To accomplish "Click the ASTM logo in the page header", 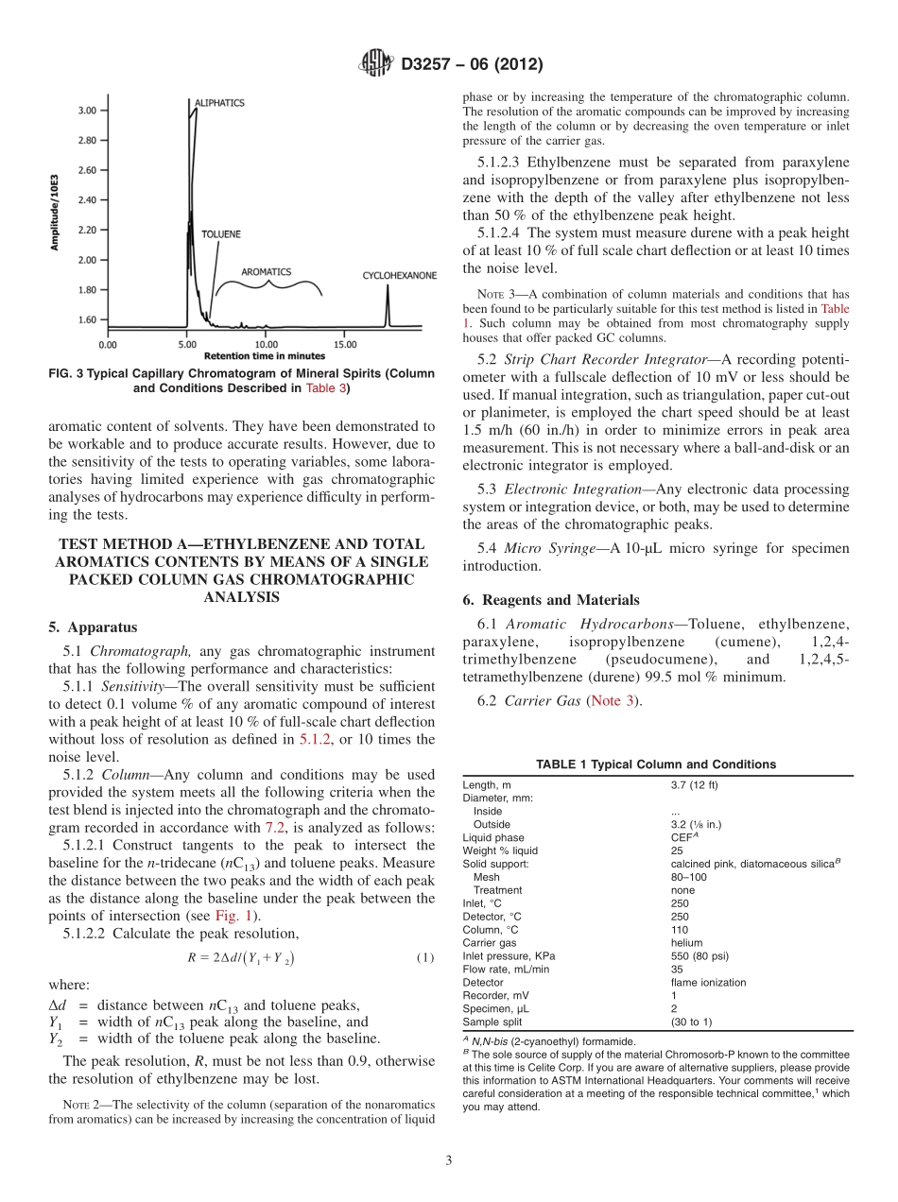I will click(378, 64).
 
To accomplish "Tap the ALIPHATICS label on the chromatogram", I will click(219, 102).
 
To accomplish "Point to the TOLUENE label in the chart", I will click(219, 233).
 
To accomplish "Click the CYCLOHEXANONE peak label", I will click(399, 276).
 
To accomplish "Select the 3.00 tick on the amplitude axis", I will click(86, 111).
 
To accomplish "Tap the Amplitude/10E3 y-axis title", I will click(56, 213).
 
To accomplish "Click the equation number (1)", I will click(425, 957).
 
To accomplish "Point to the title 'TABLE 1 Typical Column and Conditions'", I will click(656, 764).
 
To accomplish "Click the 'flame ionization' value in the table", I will click(708, 982).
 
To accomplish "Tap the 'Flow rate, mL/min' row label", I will click(506, 969).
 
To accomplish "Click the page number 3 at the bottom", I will click(448, 1160).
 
